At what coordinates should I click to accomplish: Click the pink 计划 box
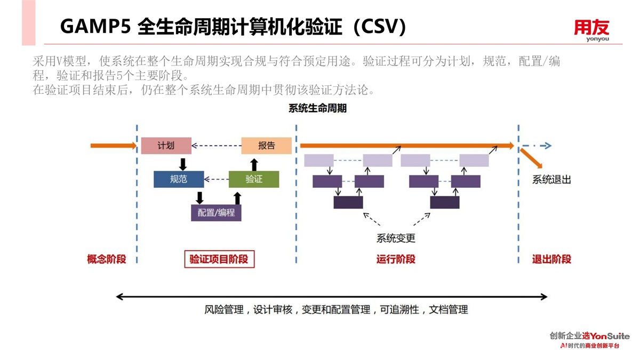166,146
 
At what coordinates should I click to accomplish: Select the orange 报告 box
266,146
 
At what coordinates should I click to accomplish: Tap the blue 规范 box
178,179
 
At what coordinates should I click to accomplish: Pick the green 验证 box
254,179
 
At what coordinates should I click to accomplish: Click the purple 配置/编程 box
216,213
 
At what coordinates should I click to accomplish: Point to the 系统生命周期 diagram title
317,109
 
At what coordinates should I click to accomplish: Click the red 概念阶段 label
107,260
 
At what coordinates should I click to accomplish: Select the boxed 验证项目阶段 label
219,260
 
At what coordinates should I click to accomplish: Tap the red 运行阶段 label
396,260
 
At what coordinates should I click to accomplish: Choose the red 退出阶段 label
551,260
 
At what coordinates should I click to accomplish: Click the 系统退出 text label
551,180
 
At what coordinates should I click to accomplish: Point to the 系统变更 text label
396,238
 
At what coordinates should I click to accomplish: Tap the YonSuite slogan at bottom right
589,340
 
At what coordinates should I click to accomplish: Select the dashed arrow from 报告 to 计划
216,146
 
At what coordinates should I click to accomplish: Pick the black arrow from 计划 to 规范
183,163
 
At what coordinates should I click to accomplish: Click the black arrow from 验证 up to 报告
254,163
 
